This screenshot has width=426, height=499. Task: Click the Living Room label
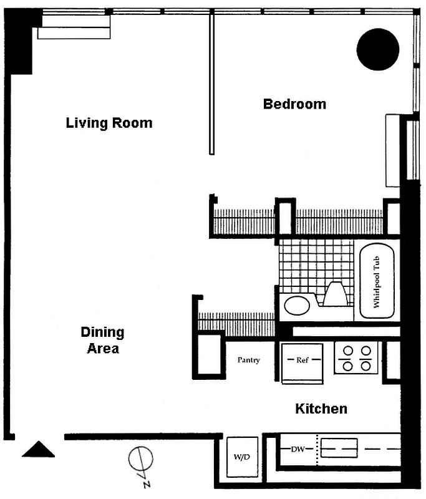tap(109, 123)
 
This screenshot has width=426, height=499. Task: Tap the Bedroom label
tap(294, 104)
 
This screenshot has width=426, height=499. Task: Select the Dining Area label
tap(102, 340)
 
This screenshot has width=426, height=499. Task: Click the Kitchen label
tap(321, 409)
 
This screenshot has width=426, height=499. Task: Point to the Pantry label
tap(248, 361)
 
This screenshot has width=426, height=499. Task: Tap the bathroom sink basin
tap(296, 306)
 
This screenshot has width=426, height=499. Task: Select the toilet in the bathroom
tap(335, 294)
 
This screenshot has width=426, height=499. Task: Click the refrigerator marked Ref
tap(302, 361)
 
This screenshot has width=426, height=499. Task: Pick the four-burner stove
tap(356, 358)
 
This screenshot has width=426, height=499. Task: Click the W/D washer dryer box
tap(242, 457)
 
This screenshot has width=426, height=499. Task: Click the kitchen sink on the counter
tap(339, 448)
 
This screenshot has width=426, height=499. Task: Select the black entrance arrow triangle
tap(39, 450)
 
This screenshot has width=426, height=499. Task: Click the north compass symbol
tap(140, 462)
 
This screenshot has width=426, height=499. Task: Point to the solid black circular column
tap(377, 49)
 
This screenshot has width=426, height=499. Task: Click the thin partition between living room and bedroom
tap(211, 84)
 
